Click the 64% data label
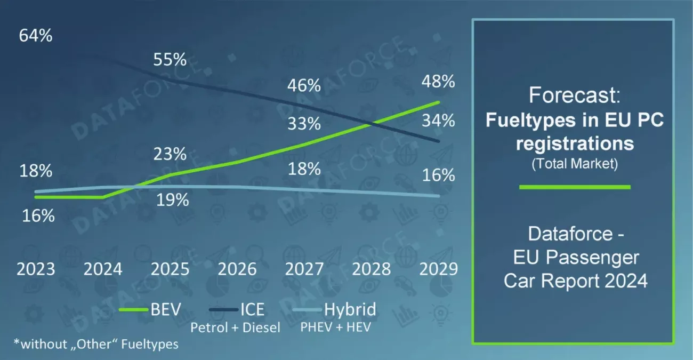36,36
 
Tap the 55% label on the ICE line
170,59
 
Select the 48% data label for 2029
438,82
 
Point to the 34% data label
438,121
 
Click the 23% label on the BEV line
170,155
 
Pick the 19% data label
172,201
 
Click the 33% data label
304,124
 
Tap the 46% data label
304,85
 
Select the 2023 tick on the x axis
36,268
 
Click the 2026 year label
237,268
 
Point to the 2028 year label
372,268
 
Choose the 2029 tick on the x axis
438,268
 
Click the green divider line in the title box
575,187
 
